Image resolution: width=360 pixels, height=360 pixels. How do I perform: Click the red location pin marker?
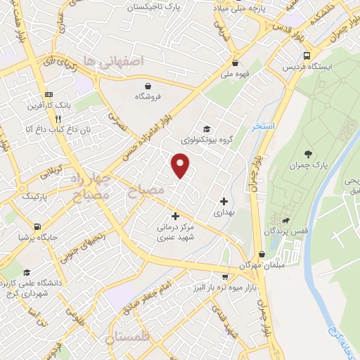[181, 165]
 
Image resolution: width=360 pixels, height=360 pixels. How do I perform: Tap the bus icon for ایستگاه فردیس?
[306, 55]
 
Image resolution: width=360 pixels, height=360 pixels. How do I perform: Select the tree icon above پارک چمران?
[307, 153]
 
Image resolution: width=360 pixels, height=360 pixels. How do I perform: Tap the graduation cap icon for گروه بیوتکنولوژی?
[207, 128]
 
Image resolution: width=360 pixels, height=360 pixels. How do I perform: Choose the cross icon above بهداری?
[223, 200]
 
